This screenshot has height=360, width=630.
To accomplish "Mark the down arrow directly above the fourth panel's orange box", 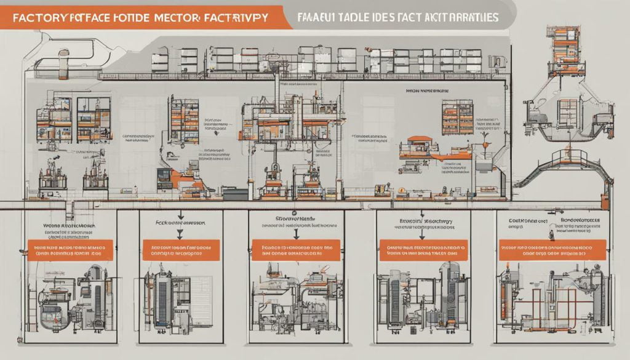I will click(x=422, y=233).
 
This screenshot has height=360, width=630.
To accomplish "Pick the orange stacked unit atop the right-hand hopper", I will click(x=564, y=40).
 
